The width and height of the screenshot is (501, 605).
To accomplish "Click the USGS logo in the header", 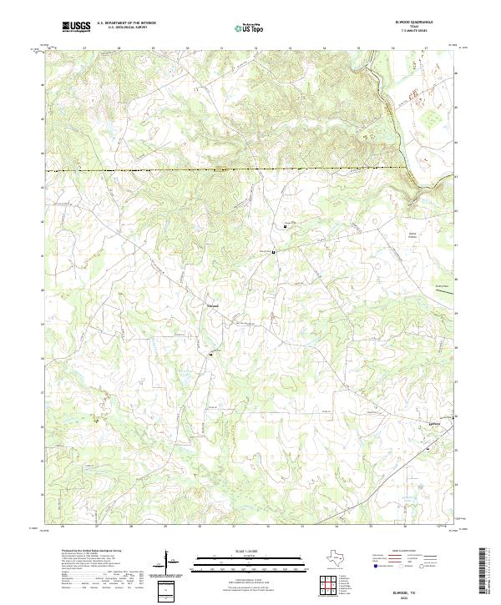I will [x=76, y=27].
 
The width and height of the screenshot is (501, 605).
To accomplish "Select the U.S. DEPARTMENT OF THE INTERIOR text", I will [x=126, y=23].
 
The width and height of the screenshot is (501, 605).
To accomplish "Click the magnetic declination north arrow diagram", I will [x=170, y=562].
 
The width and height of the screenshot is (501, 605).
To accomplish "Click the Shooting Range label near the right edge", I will [x=442, y=286].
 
